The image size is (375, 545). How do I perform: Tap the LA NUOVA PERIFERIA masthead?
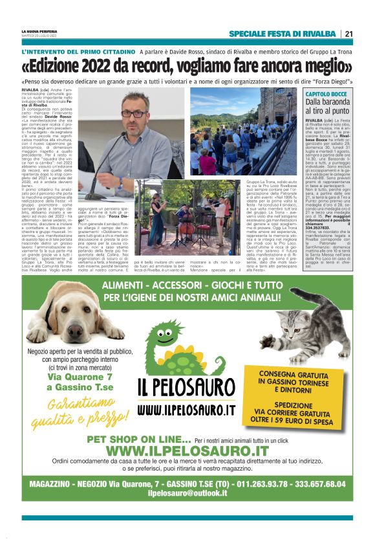(40, 31)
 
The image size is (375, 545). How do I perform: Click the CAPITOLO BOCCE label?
(325, 95)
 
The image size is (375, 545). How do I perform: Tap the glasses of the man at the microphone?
(134, 114)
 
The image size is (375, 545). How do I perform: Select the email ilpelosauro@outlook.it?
(187, 493)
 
